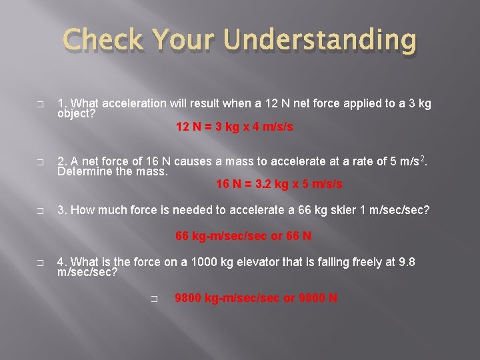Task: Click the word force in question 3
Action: pyautogui.click(x=137, y=210)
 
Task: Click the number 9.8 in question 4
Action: pyautogui.click(x=406, y=262)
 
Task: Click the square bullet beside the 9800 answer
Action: pyautogui.click(x=154, y=299)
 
